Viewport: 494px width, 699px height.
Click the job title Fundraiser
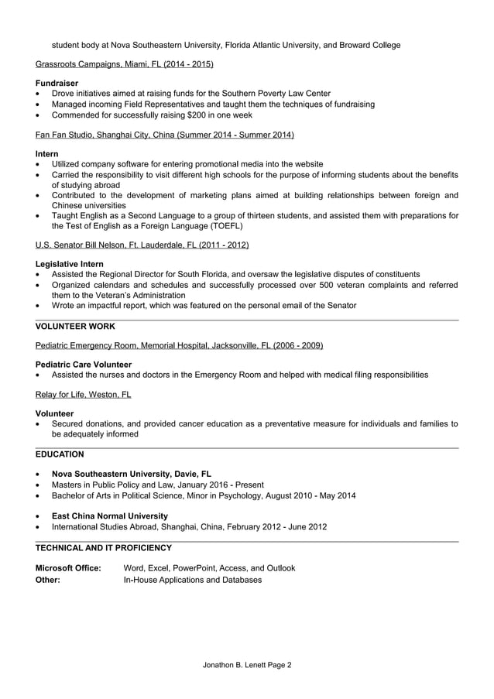(57, 83)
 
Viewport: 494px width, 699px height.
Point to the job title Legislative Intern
(70, 264)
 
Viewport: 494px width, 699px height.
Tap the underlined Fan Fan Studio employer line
(165, 135)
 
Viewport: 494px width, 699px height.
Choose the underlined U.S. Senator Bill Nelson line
(142, 245)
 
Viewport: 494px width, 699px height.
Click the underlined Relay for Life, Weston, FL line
(84, 395)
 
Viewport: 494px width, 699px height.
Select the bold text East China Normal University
(110, 516)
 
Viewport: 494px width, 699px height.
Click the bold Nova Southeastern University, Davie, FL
(132, 474)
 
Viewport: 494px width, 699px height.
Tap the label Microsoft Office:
(69, 568)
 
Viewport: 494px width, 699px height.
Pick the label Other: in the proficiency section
(48, 579)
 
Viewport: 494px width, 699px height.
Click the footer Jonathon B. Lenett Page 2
(247, 664)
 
